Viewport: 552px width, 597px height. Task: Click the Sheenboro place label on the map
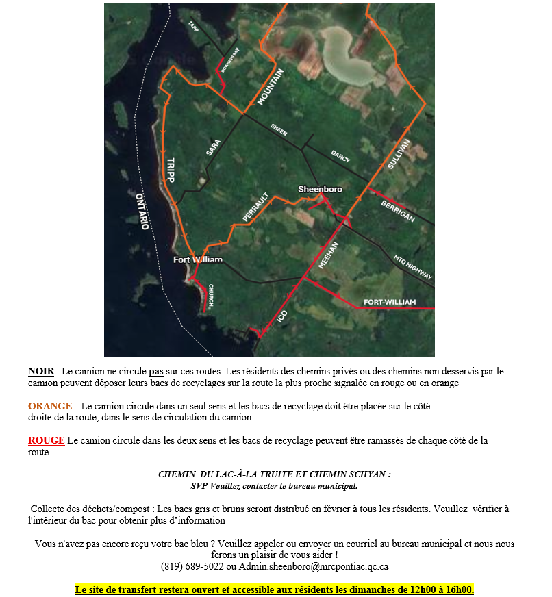tap(320, 189)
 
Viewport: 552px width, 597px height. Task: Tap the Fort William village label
tap(197, 259)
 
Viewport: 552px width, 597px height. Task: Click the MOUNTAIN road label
tap(270, 87)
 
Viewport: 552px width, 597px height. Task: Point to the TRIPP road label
tap(170, 170)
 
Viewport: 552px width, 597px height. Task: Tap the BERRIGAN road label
tap(397, 211)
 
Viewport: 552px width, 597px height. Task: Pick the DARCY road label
tap(340, 157)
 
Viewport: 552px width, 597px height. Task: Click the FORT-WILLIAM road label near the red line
tap(390, 302)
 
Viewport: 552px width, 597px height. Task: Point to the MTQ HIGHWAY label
tap(413, 268)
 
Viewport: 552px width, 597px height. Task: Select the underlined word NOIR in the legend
tap(41, 371)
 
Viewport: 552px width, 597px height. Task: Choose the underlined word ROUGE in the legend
tap(46, 440)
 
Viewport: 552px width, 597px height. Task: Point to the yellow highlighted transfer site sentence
tap(274, 589)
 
